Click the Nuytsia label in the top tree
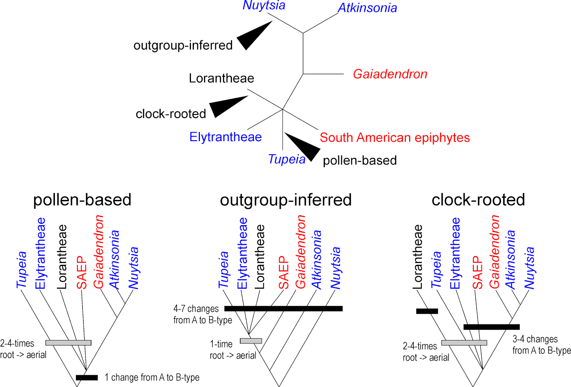point(264,6)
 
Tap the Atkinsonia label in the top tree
point(367,8)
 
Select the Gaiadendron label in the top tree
point(390,74)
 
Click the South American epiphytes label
point(395,138)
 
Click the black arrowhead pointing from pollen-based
point(303,146)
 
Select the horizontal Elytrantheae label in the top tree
point(226,137)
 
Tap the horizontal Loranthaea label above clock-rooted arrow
point(221,78)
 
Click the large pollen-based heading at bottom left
point(82,200)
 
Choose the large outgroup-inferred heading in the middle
point(285,200)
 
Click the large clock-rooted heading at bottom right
point(478,200)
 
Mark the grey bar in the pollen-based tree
point(68,343)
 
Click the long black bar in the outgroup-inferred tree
point(283,309)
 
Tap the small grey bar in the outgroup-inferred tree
point(251,341)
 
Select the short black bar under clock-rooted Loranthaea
point(427,311)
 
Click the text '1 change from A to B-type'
point(152,377)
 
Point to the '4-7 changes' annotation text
point(196,309)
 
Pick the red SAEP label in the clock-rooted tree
point(477,273)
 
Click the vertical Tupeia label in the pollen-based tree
point(22,270)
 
